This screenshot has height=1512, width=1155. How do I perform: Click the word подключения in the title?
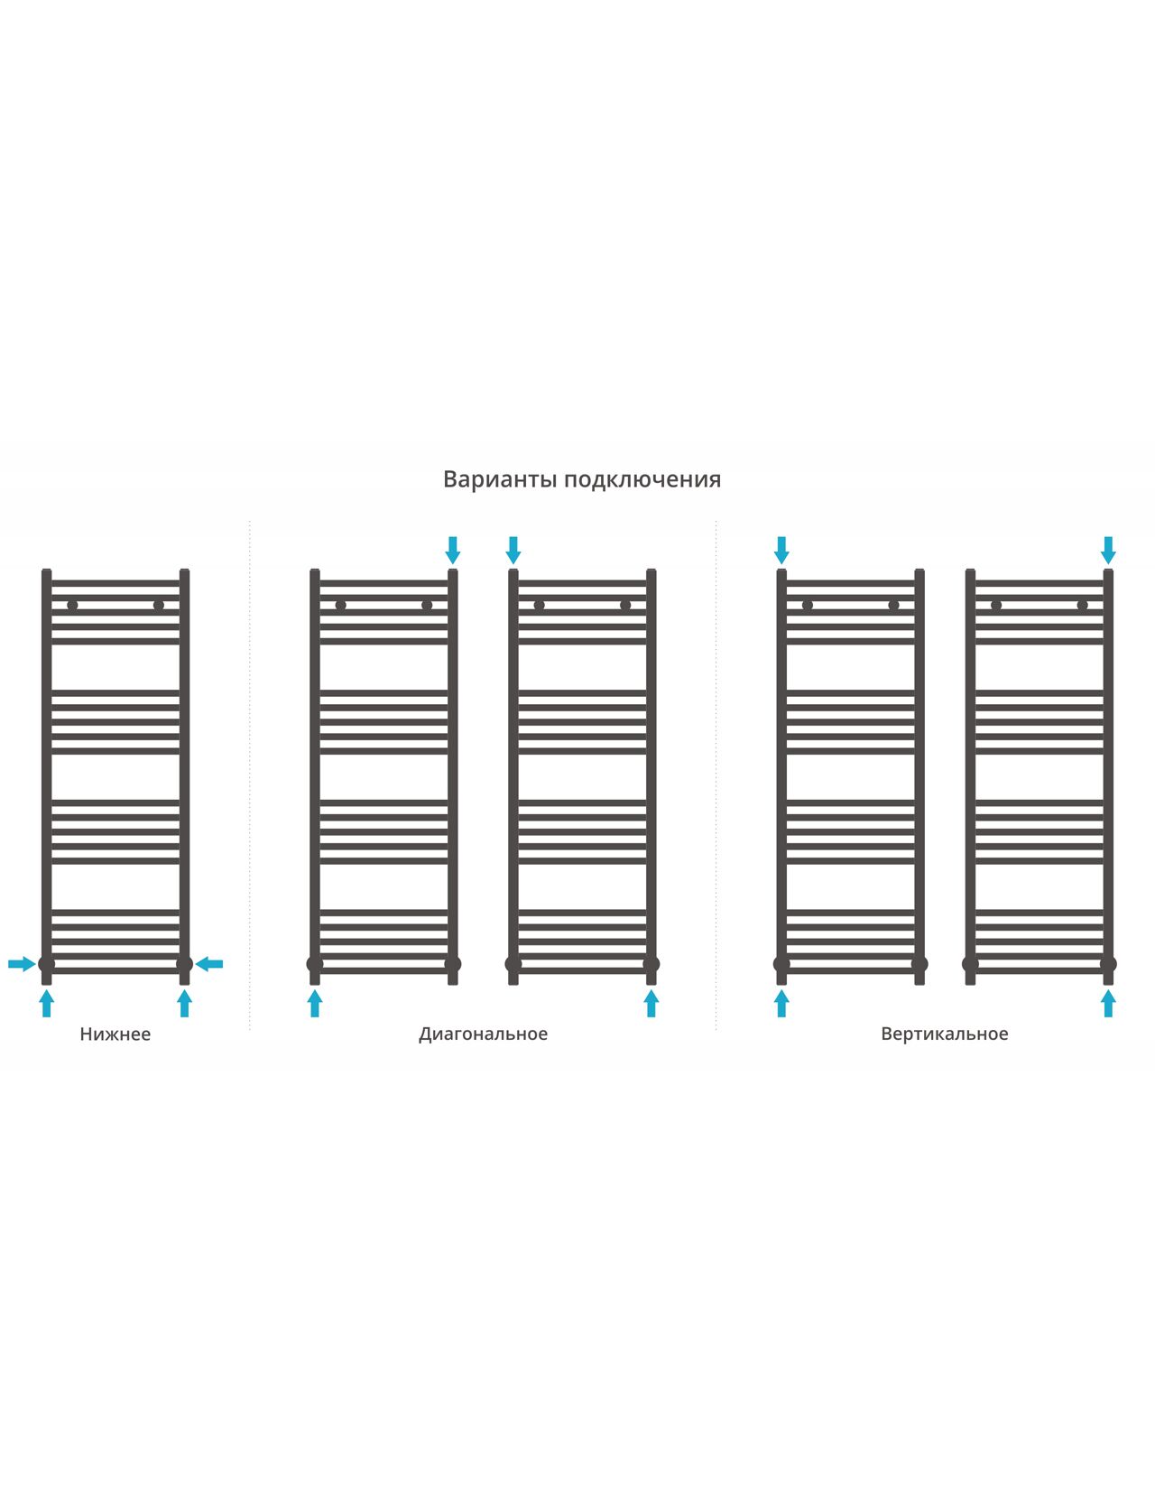[x=642, y=479]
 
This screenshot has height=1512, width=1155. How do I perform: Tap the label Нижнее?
[x=115, y=1034]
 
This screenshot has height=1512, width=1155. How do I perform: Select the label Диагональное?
[x=483, y=1034]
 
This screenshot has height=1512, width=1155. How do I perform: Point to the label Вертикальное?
[x=945, y=1034]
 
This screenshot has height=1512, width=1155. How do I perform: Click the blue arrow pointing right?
[x=22, y=964]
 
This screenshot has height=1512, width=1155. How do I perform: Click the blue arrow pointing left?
[x=209, y=964]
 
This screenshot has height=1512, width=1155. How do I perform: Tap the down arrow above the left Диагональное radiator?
[x=452, y=551]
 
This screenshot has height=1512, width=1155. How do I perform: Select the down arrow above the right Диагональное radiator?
[x=513, y=551]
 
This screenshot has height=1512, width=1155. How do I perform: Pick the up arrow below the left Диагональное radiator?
[x=315, y=1004]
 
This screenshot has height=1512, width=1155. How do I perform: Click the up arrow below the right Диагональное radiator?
[x=651, y=1004]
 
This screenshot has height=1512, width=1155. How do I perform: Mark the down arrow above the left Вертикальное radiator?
[x=781, y=551]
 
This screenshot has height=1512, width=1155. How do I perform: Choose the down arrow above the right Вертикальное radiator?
[x=1108, y=551]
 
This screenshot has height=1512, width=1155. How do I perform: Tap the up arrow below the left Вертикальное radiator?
[x=781, y=1004]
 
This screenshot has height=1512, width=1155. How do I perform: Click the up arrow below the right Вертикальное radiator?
[x=1108, y=1004]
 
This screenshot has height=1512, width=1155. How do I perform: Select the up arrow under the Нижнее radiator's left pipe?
[x=46, y=1004]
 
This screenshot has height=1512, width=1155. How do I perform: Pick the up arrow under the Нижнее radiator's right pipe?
[x=184, y=1004]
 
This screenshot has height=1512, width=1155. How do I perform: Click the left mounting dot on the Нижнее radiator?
[x=72, y=606]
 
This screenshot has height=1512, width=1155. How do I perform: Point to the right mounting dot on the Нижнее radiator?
[x=158, y=606]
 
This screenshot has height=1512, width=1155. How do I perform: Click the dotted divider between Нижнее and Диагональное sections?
[x=249, y=775]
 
